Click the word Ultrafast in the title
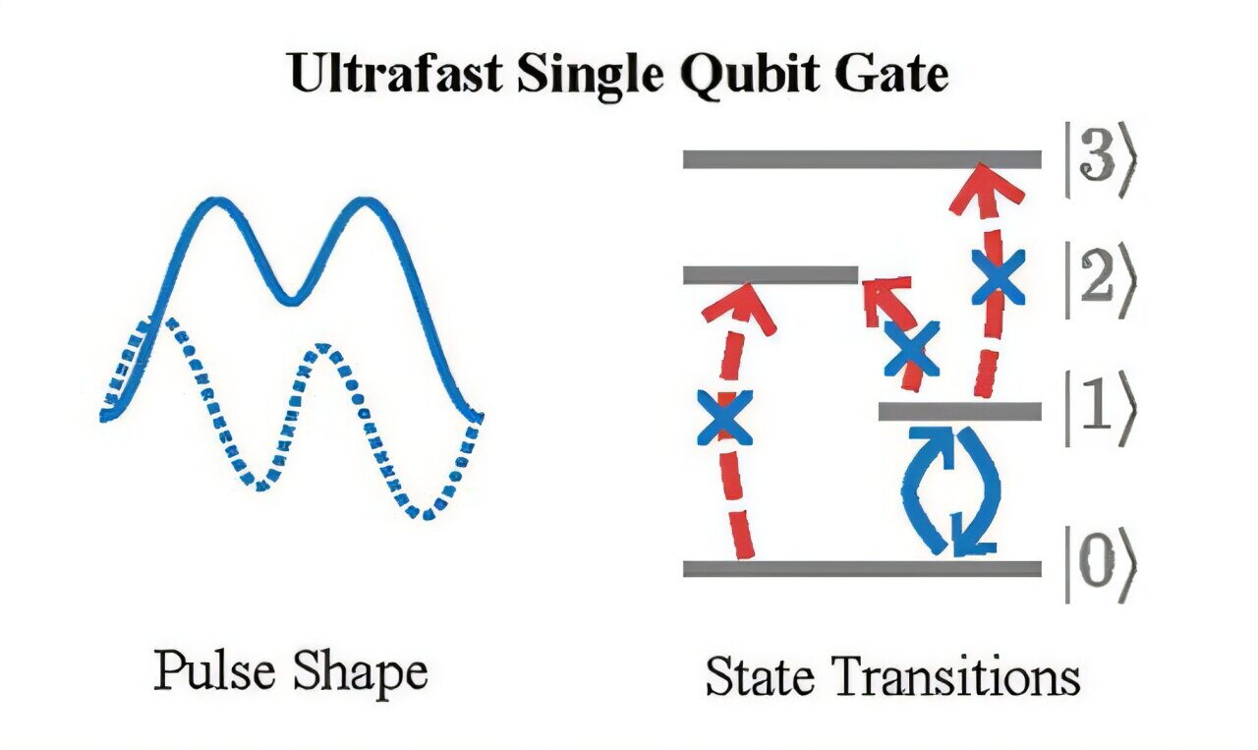pos(396,74)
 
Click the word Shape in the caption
pos(361,674)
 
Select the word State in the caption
pos(760,676)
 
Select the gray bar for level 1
pos(960,411)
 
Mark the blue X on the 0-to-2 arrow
pos(724,418)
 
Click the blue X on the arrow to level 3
pos(998,277)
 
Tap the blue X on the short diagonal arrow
pos(911,349)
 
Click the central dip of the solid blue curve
pos(291,301)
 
